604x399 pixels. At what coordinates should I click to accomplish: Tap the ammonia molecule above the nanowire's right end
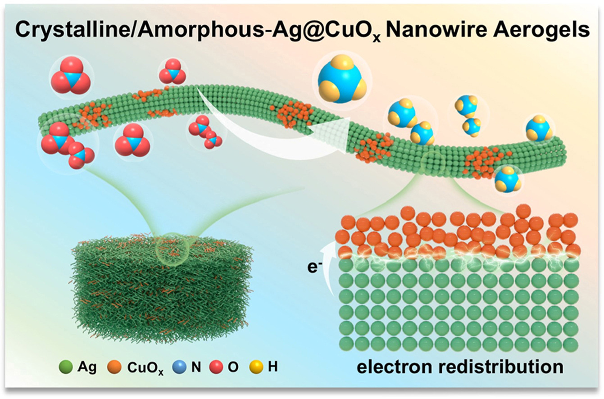point(538,129)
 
